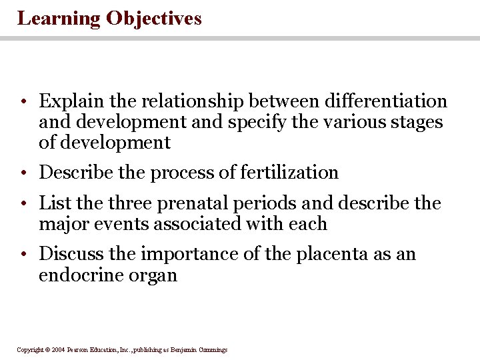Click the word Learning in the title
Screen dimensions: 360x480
tap(59, 19)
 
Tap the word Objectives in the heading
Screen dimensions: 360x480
tap(153, 19)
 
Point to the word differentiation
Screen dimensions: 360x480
tap(385, 101)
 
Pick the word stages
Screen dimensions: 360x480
tap(417, 122)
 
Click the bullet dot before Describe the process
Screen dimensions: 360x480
tap(23, 173)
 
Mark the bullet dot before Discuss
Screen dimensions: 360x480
tap(23, 255)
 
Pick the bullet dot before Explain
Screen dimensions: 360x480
tap(23, 102)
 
